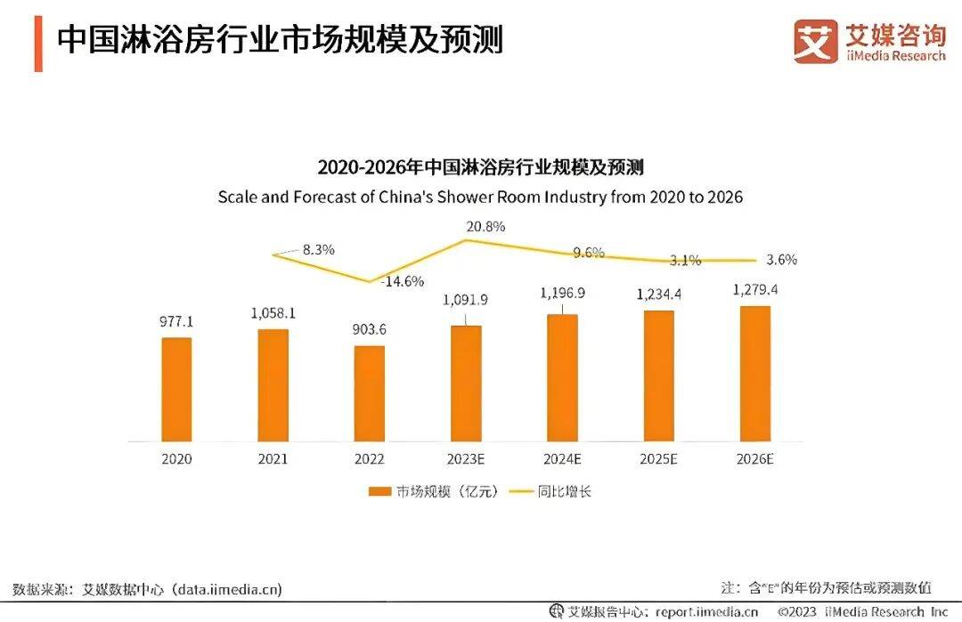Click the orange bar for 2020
(176, 389)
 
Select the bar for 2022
(369, 392)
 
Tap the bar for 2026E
(754, 373)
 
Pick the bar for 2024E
(562, 377)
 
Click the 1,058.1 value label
(272, 313)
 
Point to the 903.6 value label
(369, 330)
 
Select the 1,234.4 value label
(658, 295)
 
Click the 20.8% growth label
(485, 226)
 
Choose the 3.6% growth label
(781, 261)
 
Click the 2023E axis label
(465, 460)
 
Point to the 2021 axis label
(273, 460)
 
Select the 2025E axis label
(658, 460)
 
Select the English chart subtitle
(480, 197)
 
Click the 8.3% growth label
(318, 250)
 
